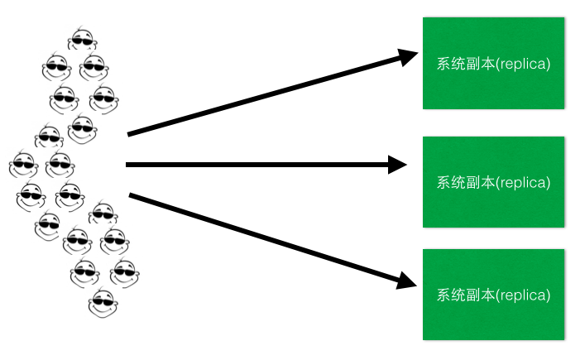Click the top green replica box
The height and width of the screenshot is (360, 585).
[494, 63]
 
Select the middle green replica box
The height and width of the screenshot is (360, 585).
[494, 182]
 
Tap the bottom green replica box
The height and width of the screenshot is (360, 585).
[494, 294]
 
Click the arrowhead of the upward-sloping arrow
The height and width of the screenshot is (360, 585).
[408, 57]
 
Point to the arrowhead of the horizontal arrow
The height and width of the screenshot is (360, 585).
[398, 165]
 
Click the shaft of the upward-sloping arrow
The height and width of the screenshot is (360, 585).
[265, 95]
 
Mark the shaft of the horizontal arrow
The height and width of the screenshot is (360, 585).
[257, 165]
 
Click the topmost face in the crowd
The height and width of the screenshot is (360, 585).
[81, 39]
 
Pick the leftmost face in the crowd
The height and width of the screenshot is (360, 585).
[23, 164]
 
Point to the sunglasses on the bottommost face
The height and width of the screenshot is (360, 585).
[103, 300]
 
